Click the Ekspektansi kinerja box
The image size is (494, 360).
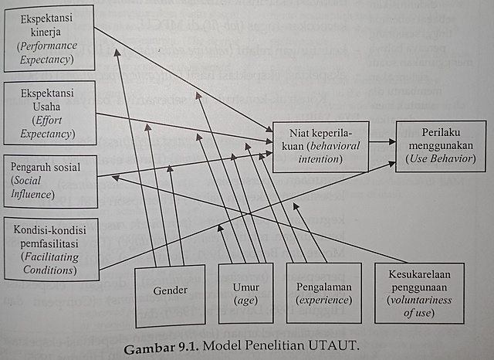(49, 37)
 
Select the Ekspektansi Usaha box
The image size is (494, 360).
(49, 114)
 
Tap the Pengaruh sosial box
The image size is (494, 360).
(49, 179)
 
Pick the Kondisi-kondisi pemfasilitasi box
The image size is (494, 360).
(50, 248)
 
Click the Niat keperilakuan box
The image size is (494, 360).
(318, 144)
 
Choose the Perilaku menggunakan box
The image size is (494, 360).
(441, 146)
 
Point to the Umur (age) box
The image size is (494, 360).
(246, 293)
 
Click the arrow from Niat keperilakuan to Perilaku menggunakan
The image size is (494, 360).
(381, 142)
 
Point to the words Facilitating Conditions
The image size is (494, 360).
(49, 263)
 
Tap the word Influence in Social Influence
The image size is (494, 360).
(32, 195)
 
